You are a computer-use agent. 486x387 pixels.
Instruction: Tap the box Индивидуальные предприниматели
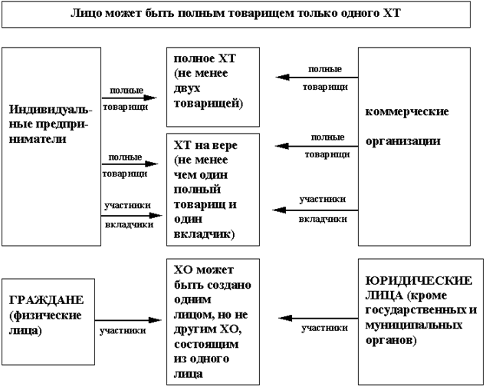pyautogui.click(x=52, y=146)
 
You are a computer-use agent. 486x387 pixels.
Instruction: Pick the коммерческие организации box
pyautogui.click(x=415, y=146)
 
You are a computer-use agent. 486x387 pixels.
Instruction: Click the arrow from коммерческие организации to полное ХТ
pyautogui.click(x=318, y=78)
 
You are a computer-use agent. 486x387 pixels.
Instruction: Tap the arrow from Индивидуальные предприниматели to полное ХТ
pyautogui.click(x=129, y=98)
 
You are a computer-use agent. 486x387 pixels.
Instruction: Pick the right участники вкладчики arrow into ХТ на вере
pyautogui.click(x=318, y=209)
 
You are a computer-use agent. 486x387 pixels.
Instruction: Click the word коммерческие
pyautogui.click(x=407, y=111)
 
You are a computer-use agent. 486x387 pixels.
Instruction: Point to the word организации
pyautogui.click(x=403, y=141)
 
